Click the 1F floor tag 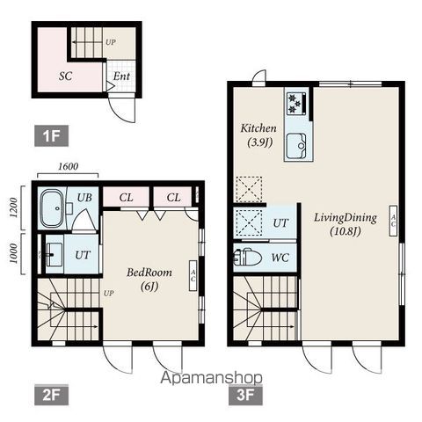pos(51,135)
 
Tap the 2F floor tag pos(51,395)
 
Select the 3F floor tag pos(245,395)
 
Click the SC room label pos(65,76)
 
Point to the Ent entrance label pos(121,76)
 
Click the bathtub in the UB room pos(52,208)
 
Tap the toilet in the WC pos(248,258)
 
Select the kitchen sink pos(296,146)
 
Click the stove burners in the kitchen pos(296,104)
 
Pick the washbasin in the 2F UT pos(54,254)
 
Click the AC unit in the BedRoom pos(193,275)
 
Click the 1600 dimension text pos(68,166)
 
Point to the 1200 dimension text pos(13,207)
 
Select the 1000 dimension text pos(13,253)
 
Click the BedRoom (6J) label pos(149,280)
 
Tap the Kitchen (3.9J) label pos(258,135)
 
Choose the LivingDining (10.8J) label pos(346,224)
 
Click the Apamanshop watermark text pos(211,378)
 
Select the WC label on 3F pos(280,258)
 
